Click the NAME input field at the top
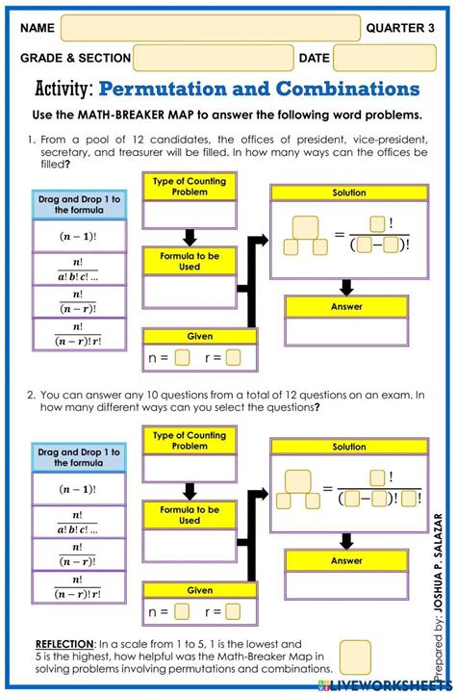(x=210, y=28)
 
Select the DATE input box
(x=371, y=59)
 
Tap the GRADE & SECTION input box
(x=214, y=59)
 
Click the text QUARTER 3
(x=401, y=28)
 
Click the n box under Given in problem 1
(x=184, y=358)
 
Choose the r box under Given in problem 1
(x=234, y=358)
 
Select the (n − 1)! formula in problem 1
(x=78, y=236)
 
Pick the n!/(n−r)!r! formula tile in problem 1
(x=78, y=333)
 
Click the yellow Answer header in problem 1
(x=346, y=306)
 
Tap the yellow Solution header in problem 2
(x=348, y=448)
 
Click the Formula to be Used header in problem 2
(x=189, y=515)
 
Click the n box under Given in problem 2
(x=183, y=611)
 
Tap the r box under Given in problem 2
(x=233, y=611)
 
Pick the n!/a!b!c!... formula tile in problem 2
(x=78, y=522)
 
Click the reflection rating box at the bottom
(x=355, y=656)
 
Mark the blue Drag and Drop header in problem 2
(x=78, y=457)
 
